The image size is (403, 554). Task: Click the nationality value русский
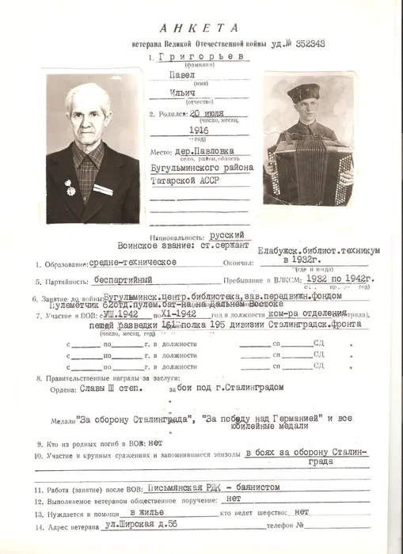coord(230,236)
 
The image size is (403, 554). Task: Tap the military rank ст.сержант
coord(230,245)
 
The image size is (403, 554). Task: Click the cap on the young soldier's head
coord(302,93)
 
